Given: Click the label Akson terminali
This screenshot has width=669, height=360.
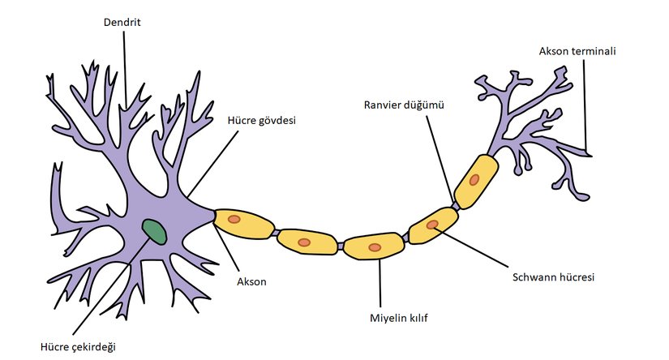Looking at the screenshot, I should coord(577,52).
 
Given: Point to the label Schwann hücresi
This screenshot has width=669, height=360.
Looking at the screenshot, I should coord(554,277).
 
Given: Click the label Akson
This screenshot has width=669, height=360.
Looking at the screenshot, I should coord(251,282).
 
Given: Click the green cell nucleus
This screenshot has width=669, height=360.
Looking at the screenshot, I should coord(154,231).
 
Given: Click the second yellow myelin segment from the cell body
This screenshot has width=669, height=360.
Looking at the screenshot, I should coord(307,242).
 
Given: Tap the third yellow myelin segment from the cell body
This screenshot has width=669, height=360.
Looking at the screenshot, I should coord(374,246).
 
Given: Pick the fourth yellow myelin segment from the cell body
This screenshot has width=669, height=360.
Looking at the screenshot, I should coord(433,225).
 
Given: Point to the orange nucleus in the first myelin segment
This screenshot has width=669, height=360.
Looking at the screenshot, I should coord(234,219).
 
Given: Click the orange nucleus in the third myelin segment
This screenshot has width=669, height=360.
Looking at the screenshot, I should coord(374,246).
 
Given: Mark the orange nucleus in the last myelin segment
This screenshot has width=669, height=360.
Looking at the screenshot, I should coord(473,179).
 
